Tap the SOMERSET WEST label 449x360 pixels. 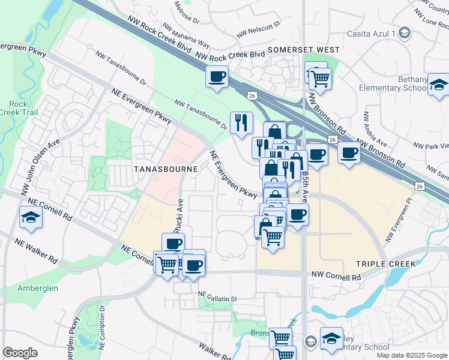pos(304,50)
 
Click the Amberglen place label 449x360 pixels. pos(38,288)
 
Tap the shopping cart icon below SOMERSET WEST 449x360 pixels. pos(321,77)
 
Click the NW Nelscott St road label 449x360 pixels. pos(259,31)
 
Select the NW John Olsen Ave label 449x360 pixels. pos(46,150)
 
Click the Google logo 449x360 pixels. pos(20,353)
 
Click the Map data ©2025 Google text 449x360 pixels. pos(412,355)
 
